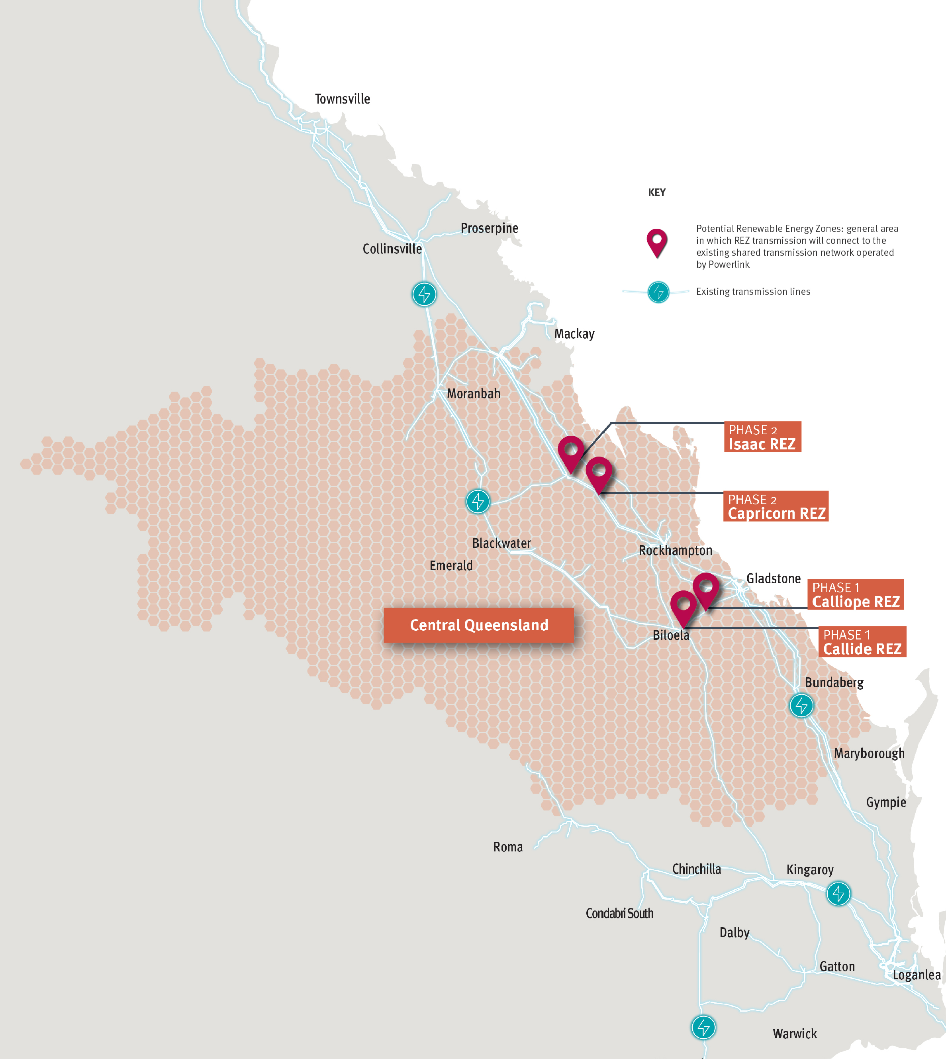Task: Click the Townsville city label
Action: (342, 99)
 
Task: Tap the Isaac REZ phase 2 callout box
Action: (762, 437)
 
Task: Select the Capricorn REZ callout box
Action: (776, 506)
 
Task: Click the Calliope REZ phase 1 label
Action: (855, 595)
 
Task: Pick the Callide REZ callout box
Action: (862, 642)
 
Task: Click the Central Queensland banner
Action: (479, 625)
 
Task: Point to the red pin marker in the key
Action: (657, 242)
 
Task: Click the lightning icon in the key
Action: (658, 292)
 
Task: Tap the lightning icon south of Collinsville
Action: (424, 294)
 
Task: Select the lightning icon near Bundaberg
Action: (801, 706)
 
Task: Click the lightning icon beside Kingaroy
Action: (838, 894)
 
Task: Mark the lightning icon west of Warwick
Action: (703, 1027)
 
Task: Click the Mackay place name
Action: (574, 334)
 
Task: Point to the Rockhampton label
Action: (675, 551)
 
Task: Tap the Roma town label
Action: (508, 847)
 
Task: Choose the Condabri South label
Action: (619, 914)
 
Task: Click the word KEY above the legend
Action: (656, 192)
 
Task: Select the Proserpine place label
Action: (489, 228)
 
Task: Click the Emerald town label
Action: (450, 566)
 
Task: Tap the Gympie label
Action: (886, 802)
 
